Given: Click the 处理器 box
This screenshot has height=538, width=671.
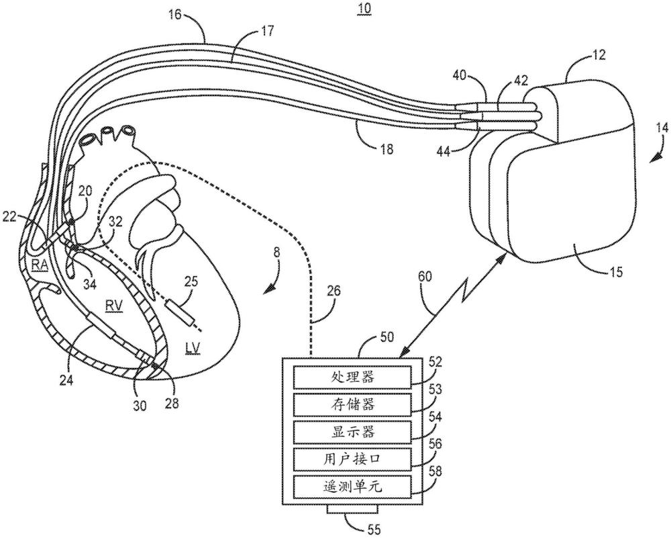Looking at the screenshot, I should pos(352,377).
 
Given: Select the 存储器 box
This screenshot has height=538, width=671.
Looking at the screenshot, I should pos(352,404).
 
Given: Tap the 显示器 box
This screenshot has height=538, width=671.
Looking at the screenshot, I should pos(352,431).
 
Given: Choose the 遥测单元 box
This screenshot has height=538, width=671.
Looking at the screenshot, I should pos(352,485).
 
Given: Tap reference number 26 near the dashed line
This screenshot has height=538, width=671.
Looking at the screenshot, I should pos(334,291).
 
